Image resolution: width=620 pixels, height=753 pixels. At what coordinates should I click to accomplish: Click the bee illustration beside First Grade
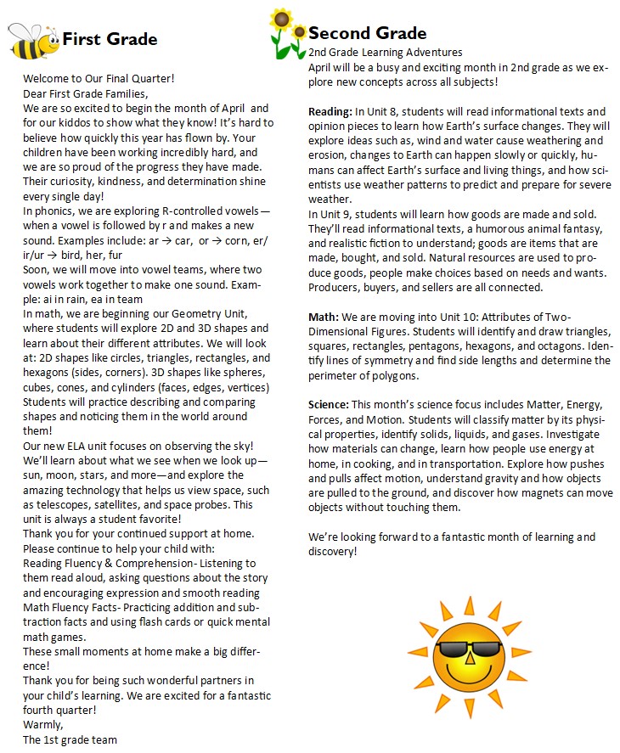coord(32,40)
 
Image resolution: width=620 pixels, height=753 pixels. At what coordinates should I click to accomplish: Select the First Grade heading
coord(110,39)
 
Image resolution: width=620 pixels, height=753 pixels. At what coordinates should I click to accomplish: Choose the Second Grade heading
coord(367,33)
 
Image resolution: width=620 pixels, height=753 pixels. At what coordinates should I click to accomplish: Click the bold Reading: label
coord(330,112)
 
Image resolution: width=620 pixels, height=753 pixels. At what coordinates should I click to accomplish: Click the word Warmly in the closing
coord(42,724)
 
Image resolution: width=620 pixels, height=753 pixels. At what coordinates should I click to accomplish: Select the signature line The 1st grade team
coord(70,739)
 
